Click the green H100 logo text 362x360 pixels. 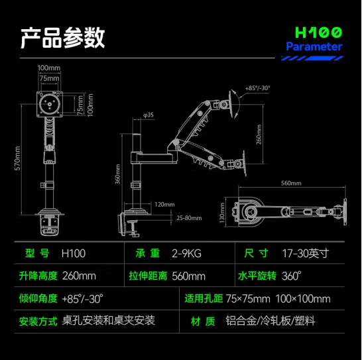[x=318, y=32]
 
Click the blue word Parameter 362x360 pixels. [x=314, y=46]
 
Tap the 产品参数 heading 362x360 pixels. [x=62, y=37]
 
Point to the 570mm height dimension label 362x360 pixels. [x=17, y=158]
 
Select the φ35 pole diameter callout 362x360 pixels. [x=149, y=115]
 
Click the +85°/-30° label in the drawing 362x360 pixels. [x=257, y=88]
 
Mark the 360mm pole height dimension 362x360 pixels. [x=118, y=174]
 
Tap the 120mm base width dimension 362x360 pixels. [x=164, y=204]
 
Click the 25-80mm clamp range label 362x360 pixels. [x=189, y=218]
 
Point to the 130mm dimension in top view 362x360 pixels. [x=222, y=213]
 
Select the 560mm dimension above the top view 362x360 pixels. [x=291, y=183]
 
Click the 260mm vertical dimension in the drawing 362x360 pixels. [x=259, y=135]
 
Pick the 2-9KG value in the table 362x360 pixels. [x=186, y=253]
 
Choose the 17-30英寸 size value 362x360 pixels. [x=306, y=253]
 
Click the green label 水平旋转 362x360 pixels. [x=257, y=276]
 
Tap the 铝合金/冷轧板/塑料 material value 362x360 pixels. [x=271, y=321]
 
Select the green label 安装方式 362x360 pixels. [x=38, y=321]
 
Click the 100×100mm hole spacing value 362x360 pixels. [x=303, y=299]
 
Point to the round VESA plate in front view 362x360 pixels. [x=50, y=104]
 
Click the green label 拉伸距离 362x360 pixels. [x=148, y=276]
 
